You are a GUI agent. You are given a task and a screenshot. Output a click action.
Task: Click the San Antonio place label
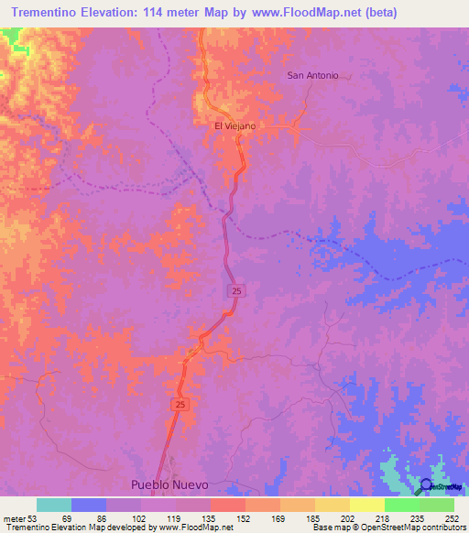click(x=312, y=75)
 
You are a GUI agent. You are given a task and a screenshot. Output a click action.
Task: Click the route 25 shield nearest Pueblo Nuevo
click(x=178, y=404)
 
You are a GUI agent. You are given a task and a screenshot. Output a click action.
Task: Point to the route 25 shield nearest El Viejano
click(x=236, y=289)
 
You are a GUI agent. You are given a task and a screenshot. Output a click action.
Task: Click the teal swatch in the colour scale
click(x=54, y=505)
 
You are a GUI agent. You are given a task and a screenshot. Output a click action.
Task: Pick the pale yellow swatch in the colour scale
click(x=366, y=505)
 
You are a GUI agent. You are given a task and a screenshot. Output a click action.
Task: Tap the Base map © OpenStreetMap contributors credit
click(x=388, y=528)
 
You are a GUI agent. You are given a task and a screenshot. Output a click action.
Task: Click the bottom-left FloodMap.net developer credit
click(x=116, y=528)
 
